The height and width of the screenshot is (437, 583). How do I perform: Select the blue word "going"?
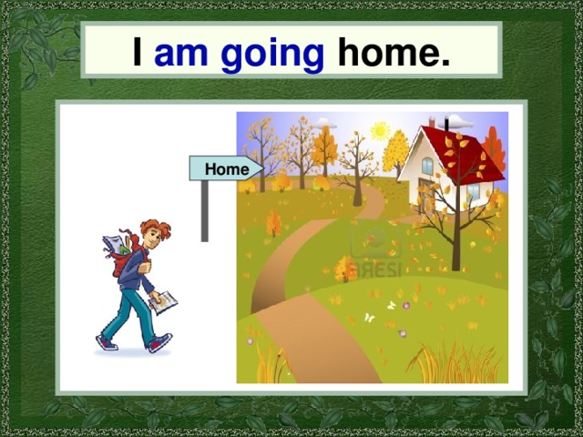(272, 55)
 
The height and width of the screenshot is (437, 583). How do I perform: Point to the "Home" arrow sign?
(226, 169)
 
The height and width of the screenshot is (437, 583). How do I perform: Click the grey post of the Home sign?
(205, 211)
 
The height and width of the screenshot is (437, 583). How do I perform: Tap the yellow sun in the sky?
(379, 131)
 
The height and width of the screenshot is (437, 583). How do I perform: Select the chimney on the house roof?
(432, 122)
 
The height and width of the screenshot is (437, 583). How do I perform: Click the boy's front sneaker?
(159, 342)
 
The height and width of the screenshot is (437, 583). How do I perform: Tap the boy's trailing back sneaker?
(107, 342)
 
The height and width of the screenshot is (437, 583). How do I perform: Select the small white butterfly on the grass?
(369, 318)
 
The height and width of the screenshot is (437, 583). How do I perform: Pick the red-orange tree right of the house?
(494, 150)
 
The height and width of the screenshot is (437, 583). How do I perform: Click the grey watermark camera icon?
(369, 239)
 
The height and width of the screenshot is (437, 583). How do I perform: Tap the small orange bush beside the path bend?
(345, 269)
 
